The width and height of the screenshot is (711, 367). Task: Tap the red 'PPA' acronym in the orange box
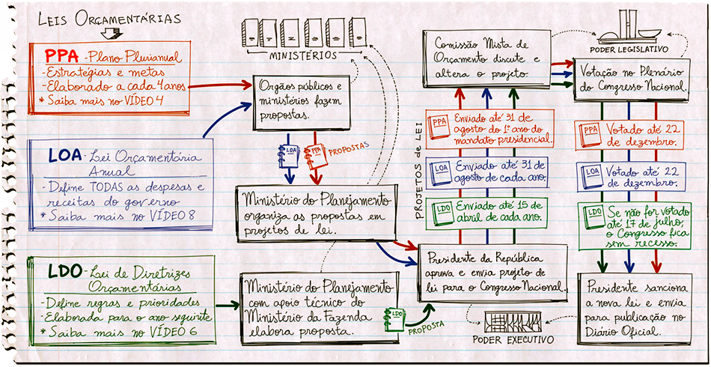coord(63,56)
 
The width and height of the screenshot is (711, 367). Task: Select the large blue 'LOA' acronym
coord(64,156)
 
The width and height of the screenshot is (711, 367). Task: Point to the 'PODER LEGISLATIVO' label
coord(635,49)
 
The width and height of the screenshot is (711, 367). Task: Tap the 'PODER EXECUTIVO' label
coord(513,340)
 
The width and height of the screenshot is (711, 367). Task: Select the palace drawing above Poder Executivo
coord(513,322)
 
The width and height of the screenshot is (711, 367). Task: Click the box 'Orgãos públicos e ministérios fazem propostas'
coord(302,102)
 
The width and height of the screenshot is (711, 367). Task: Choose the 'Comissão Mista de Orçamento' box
coord(486,58)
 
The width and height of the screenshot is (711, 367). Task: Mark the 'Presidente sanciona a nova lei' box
coord(635,309)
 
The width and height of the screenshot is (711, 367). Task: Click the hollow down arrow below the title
coord(112,33)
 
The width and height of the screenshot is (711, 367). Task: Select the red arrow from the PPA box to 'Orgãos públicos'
coord(220,85)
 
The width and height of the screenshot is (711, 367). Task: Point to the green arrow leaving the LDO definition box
coord(228,306)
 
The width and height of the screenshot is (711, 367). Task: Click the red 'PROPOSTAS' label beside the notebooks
coord(349,149)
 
